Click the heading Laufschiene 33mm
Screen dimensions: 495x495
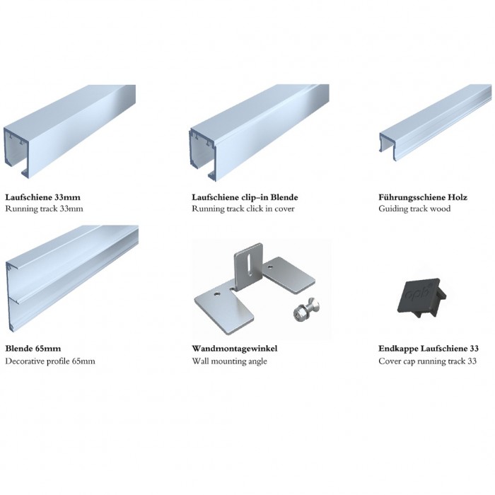pos(43,197)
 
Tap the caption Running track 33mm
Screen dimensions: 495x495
pos(44,209)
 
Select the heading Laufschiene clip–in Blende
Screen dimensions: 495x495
pos(245,197)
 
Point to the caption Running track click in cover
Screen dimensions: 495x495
pos(243,209)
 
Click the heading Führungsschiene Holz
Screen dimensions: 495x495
pos(423,197)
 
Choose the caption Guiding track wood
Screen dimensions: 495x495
pos(414,209)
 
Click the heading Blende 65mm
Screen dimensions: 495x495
pos(33,349)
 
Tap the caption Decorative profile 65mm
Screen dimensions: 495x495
pos(50,361)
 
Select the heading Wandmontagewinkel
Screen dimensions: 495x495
pos(235,349)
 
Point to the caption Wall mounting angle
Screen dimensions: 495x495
pos(230,361)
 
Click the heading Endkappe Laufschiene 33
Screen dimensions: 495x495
pos(429,349)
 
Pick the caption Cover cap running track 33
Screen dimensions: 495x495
pos(427,361)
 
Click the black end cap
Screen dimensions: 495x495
pos(420,297)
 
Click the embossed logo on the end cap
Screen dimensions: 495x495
pos(417,293)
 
